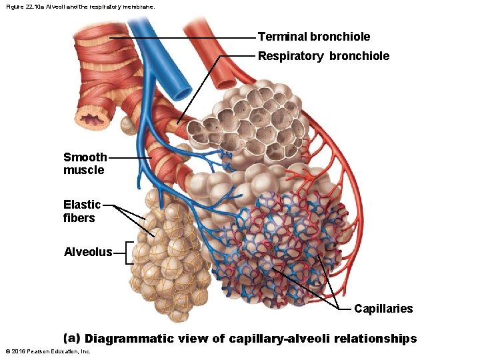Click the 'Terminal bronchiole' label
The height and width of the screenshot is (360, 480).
[313, 37]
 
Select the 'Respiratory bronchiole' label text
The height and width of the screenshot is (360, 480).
[323, 56]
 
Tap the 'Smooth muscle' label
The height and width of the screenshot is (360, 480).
[84, 163]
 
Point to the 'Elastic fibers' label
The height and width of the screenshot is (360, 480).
[81, 211]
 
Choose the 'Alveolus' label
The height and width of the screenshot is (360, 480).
[87, 252]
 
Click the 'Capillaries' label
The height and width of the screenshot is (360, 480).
[383, 309]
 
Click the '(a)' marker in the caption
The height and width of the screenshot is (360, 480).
[71, 339]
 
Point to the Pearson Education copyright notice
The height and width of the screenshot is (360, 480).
[47, 351]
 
